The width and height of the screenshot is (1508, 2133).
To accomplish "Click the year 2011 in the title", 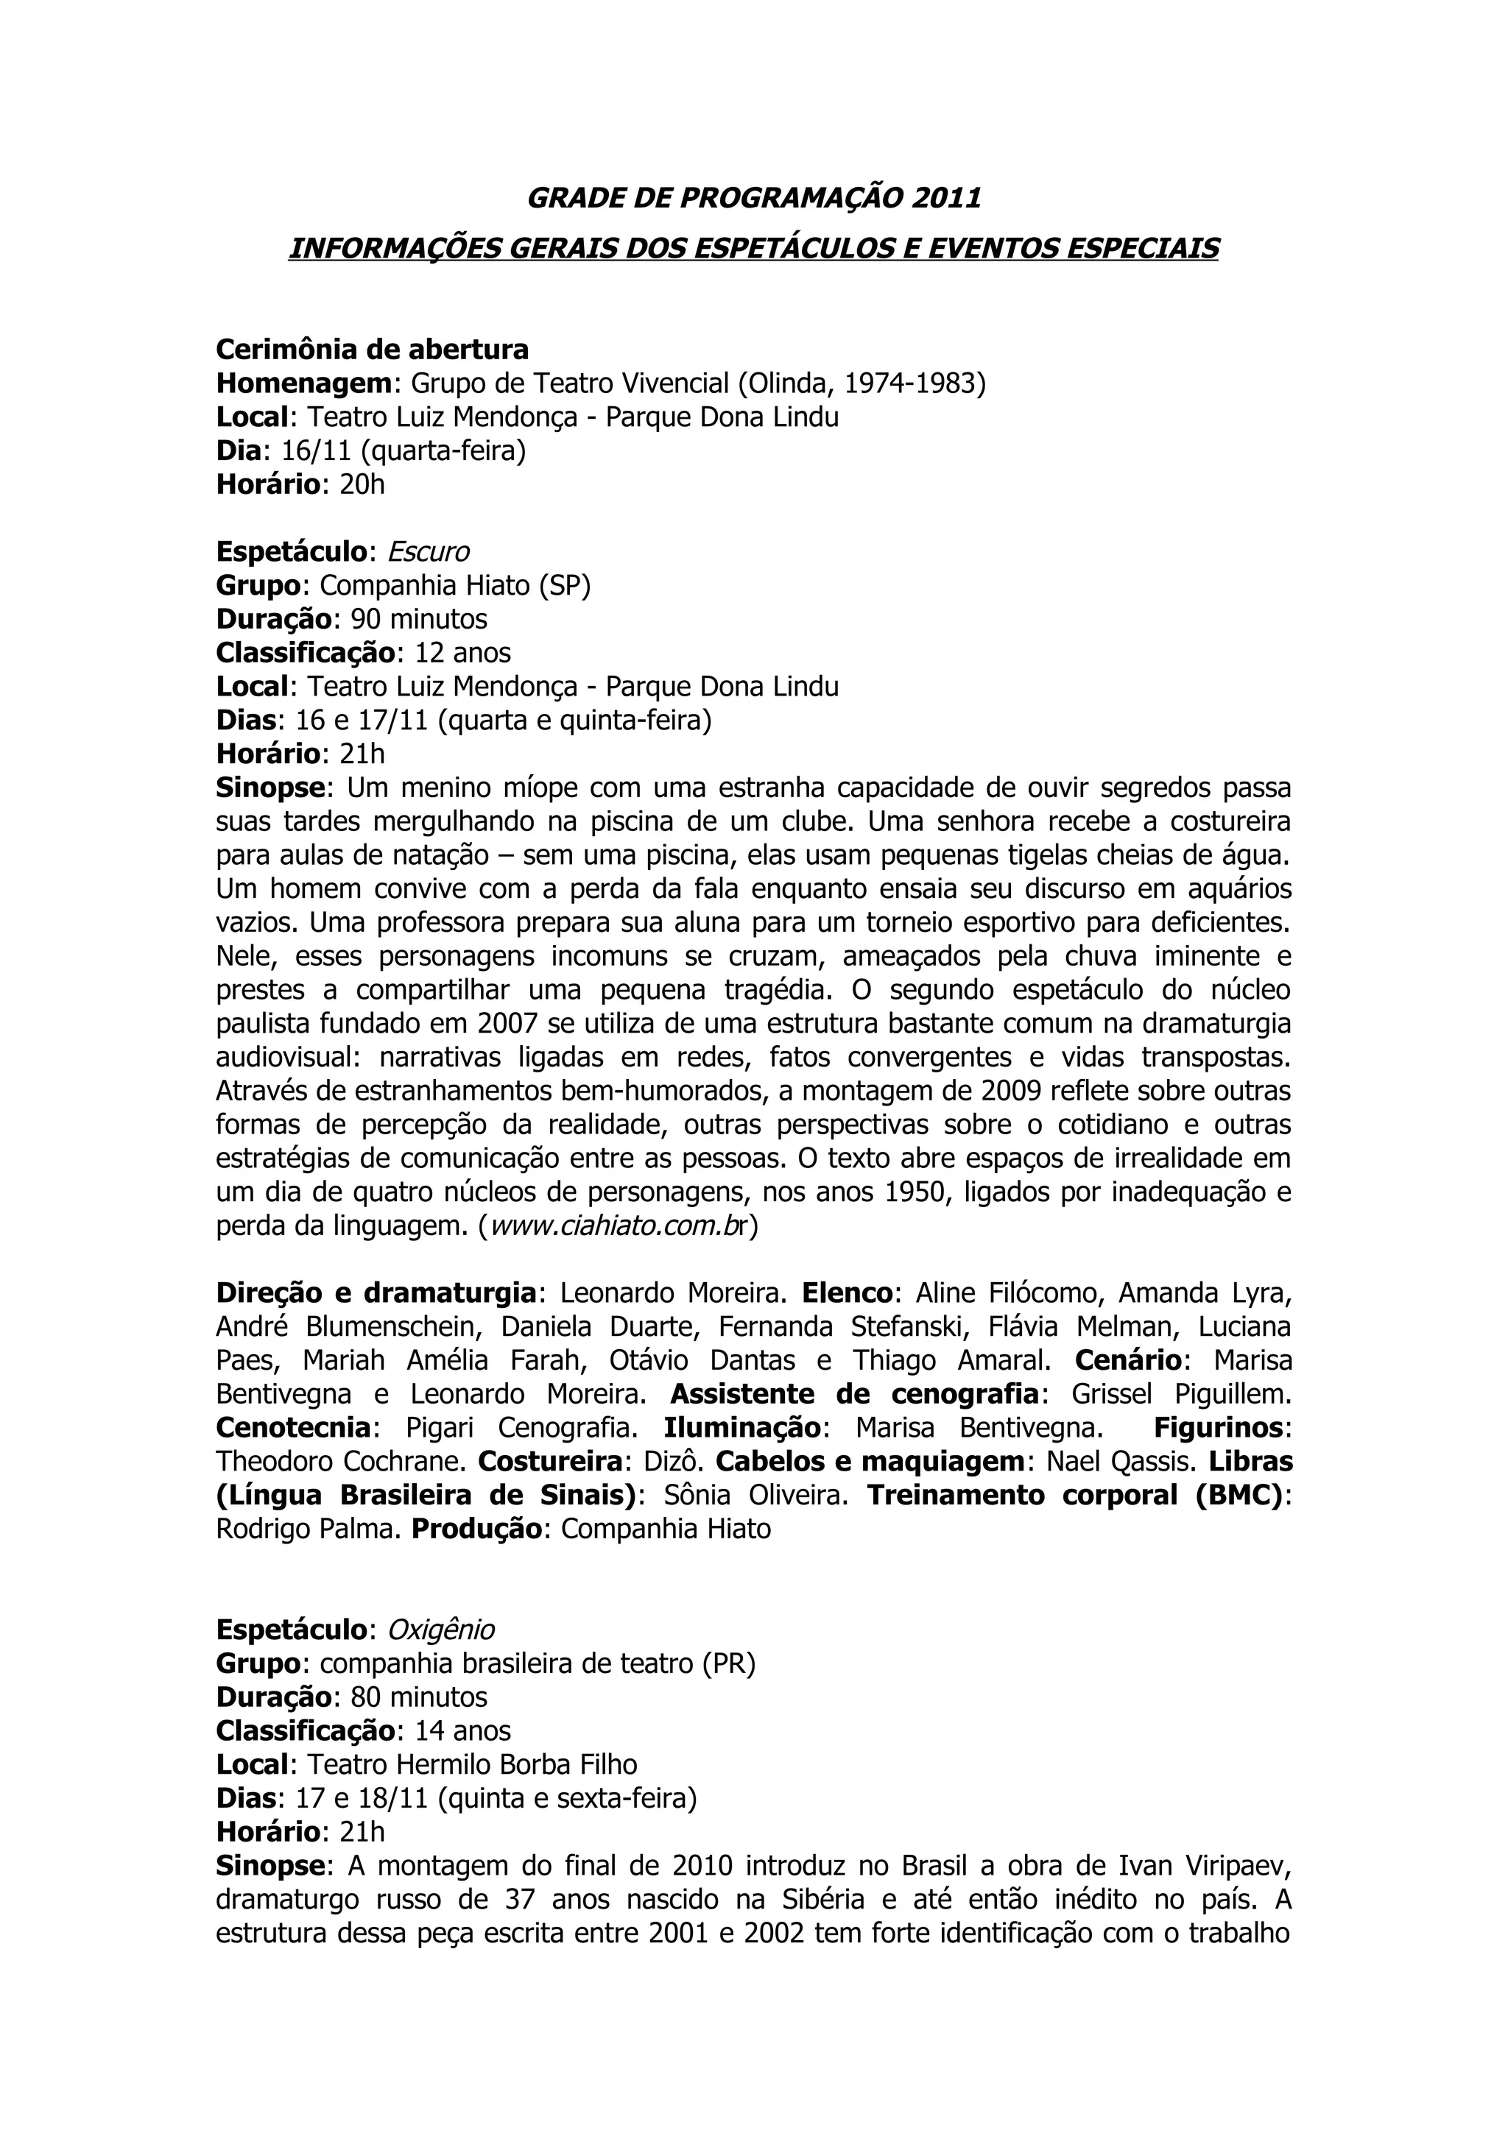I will (946, 198).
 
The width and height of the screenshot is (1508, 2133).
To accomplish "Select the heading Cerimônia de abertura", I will (372, 350).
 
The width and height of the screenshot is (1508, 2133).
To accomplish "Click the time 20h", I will (362, 484).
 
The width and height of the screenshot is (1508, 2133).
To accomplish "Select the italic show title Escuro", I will (427, 552).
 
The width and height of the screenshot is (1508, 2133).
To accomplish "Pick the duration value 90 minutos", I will (418, 619).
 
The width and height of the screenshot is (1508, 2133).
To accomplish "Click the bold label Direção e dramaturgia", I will (376, 1293).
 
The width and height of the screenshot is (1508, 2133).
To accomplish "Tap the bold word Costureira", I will (550, 1461).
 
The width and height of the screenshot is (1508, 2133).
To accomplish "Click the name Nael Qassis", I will (1121, 1461).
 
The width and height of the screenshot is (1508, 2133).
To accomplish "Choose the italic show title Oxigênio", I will (440, 1630).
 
